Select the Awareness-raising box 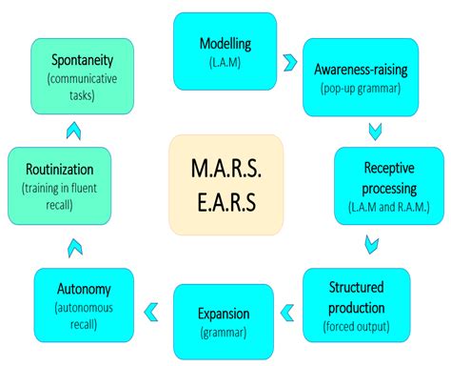pos(360,77)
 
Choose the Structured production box pos(356,306)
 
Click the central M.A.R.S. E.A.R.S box pos(224,184)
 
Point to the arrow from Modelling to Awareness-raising pos(288,62)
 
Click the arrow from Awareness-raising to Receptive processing pos(375,128)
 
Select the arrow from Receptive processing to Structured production pos(372,247)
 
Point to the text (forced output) pos(356,325)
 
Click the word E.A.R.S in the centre pos(224,203)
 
